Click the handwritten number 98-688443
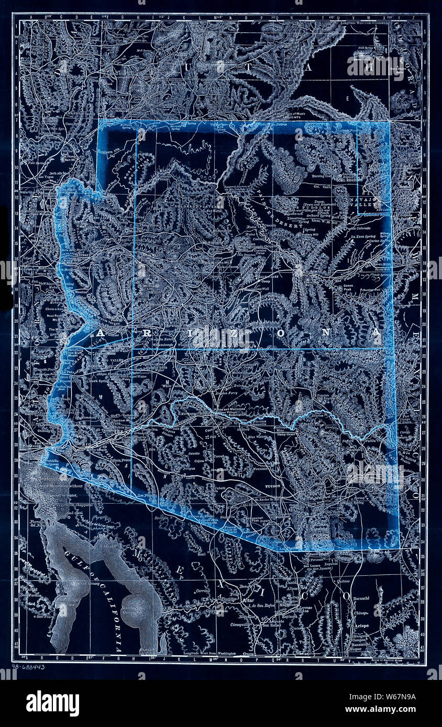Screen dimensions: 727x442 coord(28,667)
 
